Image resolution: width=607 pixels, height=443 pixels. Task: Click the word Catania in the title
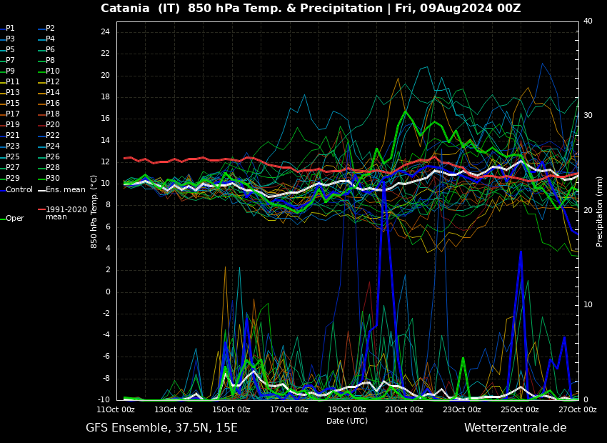click(125, 9)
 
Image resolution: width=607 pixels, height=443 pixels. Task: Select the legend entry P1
click(10, 29)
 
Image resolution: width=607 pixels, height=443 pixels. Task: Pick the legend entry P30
click(52, 179)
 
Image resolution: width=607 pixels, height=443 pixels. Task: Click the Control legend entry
click(19, 190)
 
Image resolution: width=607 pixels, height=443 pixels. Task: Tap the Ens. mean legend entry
click(65, 190)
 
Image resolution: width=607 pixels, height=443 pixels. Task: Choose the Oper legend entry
click(15, 219)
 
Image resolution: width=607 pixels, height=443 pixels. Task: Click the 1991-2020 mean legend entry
click(66, 213)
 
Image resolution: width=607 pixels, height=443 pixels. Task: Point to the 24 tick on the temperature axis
click(105, 32)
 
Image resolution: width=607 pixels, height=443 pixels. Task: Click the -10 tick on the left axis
click(103, 400)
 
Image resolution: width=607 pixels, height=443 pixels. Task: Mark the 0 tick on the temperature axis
click(107, 292)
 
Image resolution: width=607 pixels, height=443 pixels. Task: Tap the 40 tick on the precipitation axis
click(588, 21)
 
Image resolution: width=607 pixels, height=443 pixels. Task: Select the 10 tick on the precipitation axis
click(588, 305)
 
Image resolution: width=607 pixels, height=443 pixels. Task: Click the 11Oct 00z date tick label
click(116, 409)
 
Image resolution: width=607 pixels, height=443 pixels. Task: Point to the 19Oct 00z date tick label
click(346, 409)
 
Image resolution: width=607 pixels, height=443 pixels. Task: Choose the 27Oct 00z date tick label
click(577, 409)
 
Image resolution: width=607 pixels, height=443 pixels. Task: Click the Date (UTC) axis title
click(347, 422)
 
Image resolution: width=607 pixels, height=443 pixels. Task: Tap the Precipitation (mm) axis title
click(600, 211)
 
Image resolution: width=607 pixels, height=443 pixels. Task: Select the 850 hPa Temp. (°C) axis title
click(94, 211)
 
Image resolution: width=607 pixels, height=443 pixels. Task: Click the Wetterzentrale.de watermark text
click(515, 428)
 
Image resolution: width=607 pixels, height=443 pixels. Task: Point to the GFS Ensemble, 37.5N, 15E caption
click(161, 428)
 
